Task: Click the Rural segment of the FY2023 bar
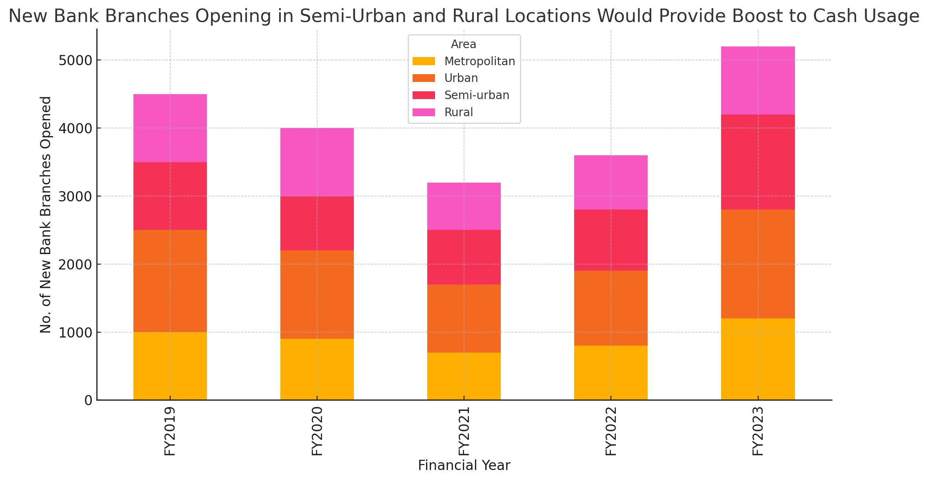click(758, 80)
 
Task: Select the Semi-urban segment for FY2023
click(758, 162)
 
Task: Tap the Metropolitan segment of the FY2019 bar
click(170, 366)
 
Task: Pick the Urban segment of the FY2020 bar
click(317, 294)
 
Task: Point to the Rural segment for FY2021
click(464, 206)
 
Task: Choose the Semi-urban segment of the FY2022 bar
click(611, 240)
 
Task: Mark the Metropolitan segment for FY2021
click(464, 376)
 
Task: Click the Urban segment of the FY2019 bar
click(170, 281)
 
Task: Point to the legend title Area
click(464, 44)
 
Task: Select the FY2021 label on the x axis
click(464, 431)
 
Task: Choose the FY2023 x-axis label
click(758, 431)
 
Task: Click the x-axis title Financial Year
click(464, 466)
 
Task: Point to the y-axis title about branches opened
click(46, 214)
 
